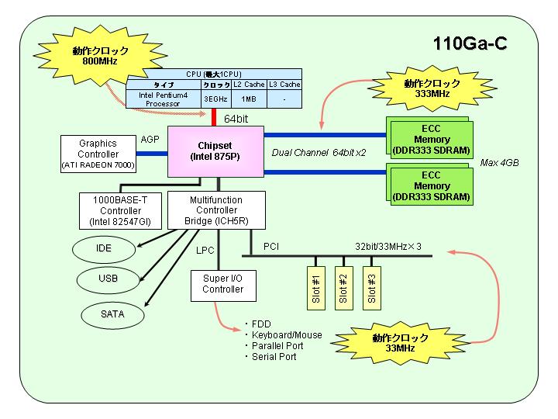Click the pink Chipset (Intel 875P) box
click(215, 151)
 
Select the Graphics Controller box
click(98, 154)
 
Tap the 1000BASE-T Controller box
click(120, 211)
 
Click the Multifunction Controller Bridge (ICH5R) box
click(216, 210)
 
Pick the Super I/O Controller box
click(223, 286)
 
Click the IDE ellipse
click(104, 249)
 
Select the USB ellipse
click(108, 279)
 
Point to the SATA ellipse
click(112, 314)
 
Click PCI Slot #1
click(316, 288)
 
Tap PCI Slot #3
click(371, 288)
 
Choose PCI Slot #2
click(344, 288)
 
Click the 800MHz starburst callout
click(100, 56)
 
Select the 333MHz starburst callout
click(432, 88)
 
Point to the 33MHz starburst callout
click(400, 343)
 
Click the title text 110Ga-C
click(470, 43)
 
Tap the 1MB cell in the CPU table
click(249, 99)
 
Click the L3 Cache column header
click(284, 85)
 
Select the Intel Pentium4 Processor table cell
click(163, 99)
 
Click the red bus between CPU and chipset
click(214, 117)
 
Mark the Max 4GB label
click(499, 163)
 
